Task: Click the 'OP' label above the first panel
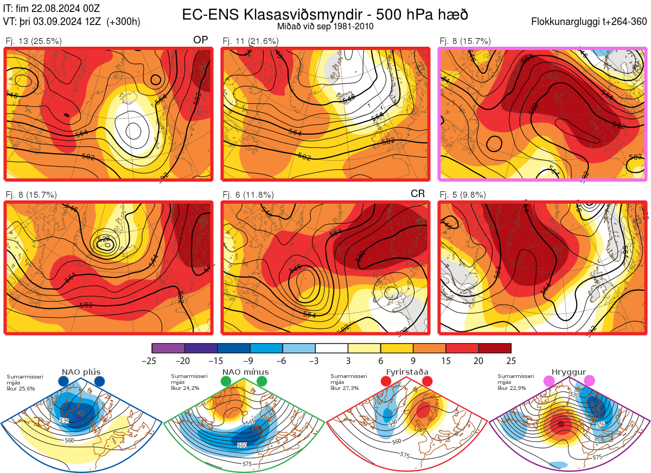click(x=200, y=40)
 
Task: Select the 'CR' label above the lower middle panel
click(x=417, y=194)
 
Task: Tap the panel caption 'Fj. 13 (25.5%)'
click(x=34, y=41)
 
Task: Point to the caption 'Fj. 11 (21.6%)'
click(x=251, y=41)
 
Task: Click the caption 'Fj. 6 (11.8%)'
click(x=248, y=195)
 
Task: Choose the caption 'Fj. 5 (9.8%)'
click(x=463, y=195)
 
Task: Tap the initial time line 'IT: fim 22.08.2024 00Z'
click(x=51, y=8)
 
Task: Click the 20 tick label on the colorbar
click(x=478, y=361)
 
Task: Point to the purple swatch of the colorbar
click(x=168, y=348)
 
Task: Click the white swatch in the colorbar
click(x=331, y=348)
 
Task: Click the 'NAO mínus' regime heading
click(x=245, y=372)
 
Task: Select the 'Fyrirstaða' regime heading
click(x=407, y=372)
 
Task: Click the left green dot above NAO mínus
click(x=226, y=382)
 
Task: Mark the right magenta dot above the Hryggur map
click(x=589, y=382)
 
